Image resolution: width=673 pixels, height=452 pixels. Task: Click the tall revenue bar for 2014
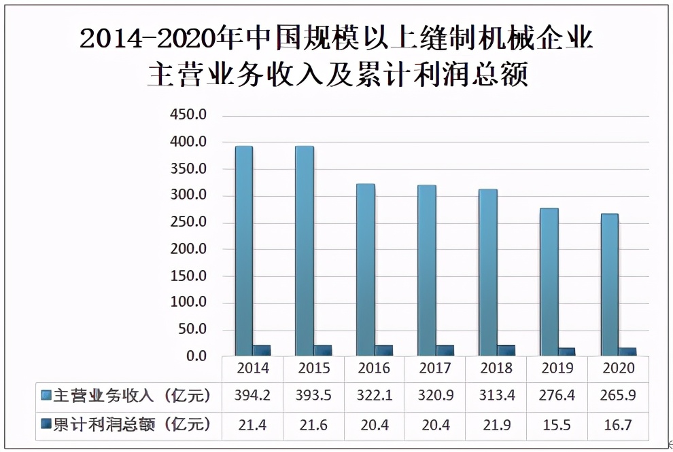click(243, 251)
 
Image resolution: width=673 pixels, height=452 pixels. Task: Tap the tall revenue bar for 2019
click(549, 282)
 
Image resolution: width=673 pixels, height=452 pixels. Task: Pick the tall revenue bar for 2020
click(609, 285)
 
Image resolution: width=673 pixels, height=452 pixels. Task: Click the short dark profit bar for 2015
click(322, 350)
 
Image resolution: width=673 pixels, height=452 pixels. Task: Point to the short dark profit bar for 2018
click(506, 350)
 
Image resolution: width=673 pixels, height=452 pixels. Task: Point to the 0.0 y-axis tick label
click(195, 356)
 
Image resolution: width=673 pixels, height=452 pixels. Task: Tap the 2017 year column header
click(435, 369)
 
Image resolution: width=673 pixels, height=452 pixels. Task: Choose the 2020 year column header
click(618, 369)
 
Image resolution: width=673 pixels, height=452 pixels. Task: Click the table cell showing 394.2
click(252, 396)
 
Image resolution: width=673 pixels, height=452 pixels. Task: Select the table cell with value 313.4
click(496, 396)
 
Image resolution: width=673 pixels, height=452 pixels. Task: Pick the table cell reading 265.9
click(618, 396)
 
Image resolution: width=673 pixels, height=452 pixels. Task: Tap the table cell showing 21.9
click(496, 426)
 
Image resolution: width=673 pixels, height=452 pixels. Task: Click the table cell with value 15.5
click(557, 426)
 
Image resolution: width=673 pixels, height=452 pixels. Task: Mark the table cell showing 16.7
click(618, 426)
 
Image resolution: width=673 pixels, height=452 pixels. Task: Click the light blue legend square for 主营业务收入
click(46, 395)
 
